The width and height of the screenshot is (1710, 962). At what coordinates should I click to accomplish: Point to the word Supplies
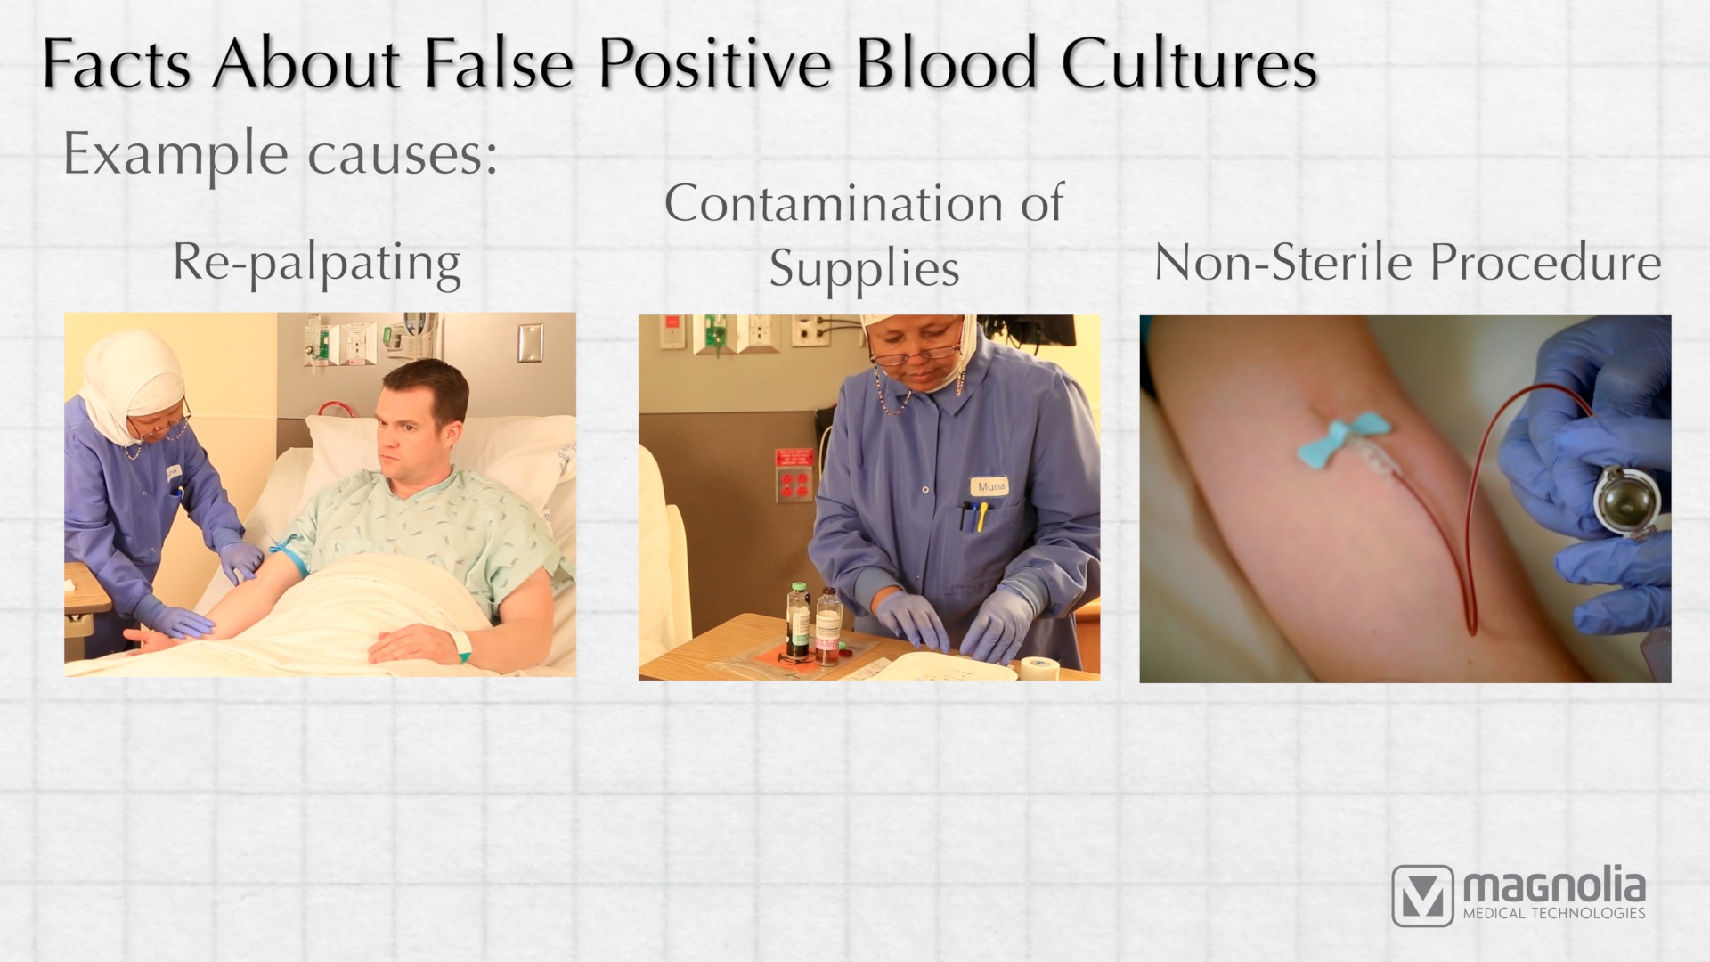click(864, 268)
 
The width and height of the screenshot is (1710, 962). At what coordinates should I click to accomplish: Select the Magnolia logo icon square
click(1422, 894)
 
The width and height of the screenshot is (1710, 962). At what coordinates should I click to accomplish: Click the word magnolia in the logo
click(1554, 887)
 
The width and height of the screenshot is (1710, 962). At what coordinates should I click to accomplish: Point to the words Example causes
click(280, 155)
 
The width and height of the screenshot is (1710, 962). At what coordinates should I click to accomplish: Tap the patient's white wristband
click(461, 645)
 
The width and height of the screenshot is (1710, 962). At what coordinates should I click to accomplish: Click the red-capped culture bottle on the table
click(828, 625)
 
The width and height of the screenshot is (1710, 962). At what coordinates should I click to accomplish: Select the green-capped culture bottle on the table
click(797, 621)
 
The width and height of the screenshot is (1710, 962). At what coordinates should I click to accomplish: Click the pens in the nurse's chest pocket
click(972, 517)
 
